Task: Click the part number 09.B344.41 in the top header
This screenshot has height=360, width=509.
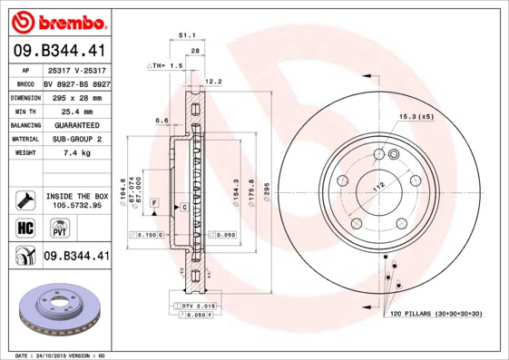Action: point(60,50)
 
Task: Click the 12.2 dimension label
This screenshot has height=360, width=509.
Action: point(214,82)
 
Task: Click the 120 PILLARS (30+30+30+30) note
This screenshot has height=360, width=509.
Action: point(437,314)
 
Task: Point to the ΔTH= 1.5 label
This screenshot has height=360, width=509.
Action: point(166,66)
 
